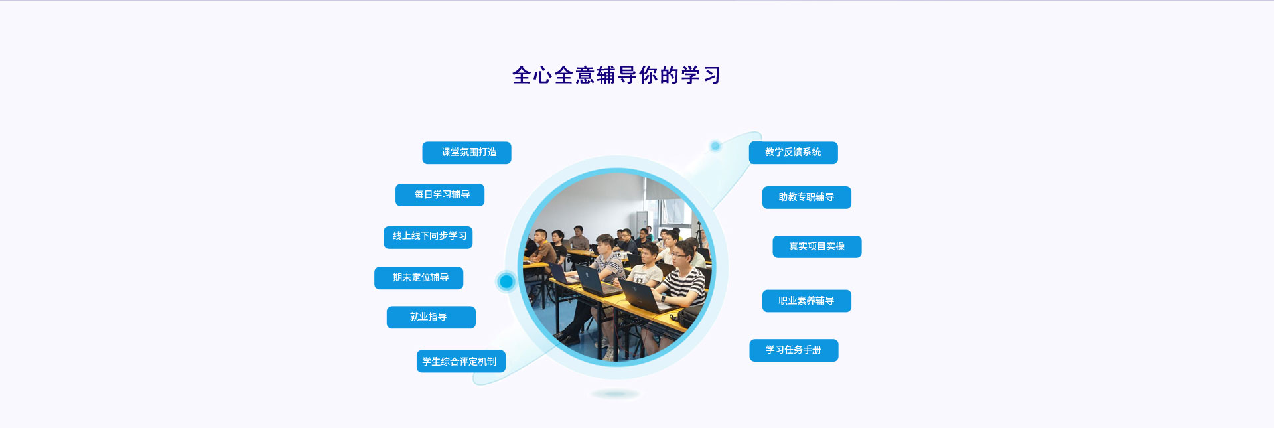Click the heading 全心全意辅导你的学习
pos(616,75)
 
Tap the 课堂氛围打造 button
pos(466,153)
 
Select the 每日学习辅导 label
pos(440,195)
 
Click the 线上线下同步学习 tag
pos(428,237)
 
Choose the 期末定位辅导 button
pos(419,278)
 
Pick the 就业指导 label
pos(431,317)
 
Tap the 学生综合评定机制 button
pos(461,362)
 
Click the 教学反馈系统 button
pos(794,153)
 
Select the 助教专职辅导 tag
pos(807,198)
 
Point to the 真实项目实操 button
pos(817,247)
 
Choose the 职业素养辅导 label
pos(807,301)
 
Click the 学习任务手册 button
pos(794,350)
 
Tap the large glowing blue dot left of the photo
pos(506,281)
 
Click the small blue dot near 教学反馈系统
pos(715,146)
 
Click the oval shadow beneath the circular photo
pos(616,394)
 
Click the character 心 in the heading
pos(542,76)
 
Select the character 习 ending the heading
pos(711,76)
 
